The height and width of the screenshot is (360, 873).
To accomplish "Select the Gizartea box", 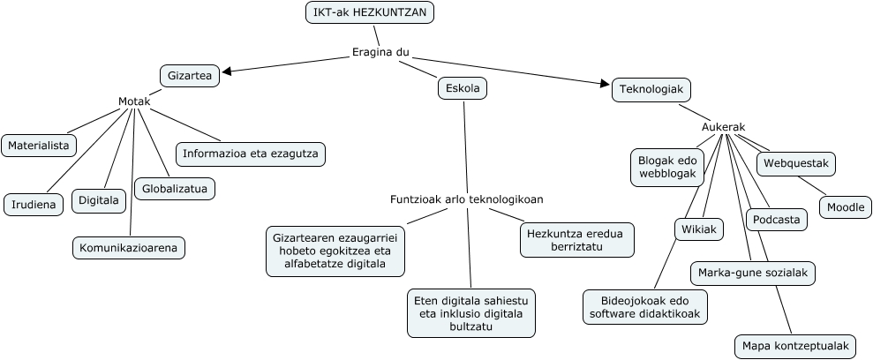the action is point(189,76).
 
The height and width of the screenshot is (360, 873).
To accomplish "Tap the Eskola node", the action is point(463,88).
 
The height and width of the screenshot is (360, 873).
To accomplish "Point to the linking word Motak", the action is point(134,101).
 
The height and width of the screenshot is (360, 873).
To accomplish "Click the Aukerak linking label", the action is point(723,127).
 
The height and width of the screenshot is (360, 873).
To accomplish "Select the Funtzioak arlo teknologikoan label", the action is point(466,199).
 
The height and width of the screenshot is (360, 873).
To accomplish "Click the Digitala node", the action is point(99,201).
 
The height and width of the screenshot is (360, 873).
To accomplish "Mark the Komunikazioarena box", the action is point(129,248).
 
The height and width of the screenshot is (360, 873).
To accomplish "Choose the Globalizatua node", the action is point(174,188).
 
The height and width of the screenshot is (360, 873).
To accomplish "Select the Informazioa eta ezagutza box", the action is point(251,154).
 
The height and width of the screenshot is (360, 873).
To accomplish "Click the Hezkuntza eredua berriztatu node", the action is point(576,240).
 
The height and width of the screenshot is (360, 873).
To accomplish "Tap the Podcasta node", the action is point(777,220).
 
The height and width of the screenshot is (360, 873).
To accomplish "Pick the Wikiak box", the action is point(698,229).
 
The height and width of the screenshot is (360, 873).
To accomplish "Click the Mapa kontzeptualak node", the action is point(794,346).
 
